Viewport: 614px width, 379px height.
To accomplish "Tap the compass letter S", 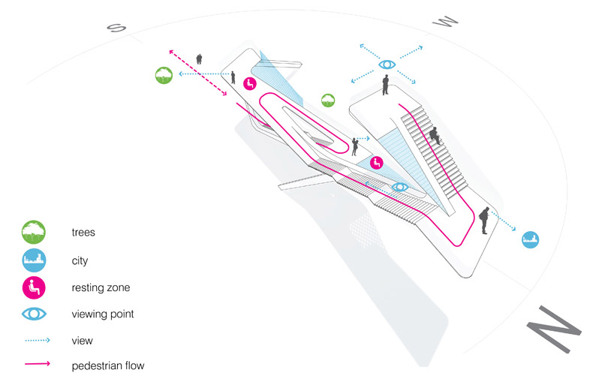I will (116, 28).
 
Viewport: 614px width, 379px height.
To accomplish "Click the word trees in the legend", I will (83, 233).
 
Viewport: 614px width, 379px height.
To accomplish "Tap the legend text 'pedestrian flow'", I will (107, 366).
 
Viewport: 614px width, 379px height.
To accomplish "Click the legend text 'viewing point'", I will (103, 314).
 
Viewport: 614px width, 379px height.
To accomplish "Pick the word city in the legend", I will (80, 260).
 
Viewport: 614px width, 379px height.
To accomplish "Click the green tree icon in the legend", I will (35, 232).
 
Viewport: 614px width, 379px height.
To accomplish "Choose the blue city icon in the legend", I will (35, 260).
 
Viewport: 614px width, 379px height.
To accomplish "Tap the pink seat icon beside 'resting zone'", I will (35, 287).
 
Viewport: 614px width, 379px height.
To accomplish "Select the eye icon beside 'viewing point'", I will (35, 314).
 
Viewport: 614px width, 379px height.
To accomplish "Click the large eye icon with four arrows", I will (387, 65).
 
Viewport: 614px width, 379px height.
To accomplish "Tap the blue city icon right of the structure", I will (531, 240).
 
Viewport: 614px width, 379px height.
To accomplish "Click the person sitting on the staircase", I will (434, 136).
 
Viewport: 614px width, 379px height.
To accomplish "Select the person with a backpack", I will (484, 221).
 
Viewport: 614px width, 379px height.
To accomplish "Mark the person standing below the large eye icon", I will (385, 85).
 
